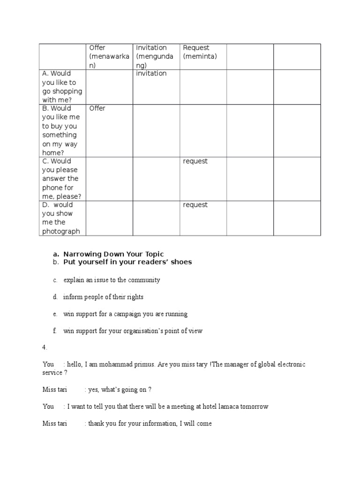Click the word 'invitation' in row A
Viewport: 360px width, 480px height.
[x=151, y=74]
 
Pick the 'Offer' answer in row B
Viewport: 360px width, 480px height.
[x=97, y=108]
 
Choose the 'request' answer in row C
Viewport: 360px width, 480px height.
[x=195, y=161]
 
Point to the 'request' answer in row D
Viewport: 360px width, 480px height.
[x=195, y=205]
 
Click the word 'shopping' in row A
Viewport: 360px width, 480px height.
[x=68, y=91]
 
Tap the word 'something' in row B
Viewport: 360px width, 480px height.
[x=59, y=135]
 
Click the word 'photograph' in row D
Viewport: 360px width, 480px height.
[x=61, y=231]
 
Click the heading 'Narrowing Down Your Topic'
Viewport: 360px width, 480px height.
[x=114, y=254]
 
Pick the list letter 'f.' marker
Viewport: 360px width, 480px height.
[x=54, y=331]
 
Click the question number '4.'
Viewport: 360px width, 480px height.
[x=45, y=347]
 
